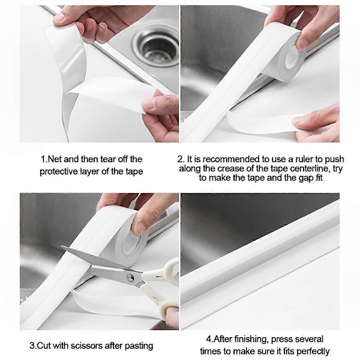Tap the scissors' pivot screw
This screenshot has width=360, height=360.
pyautogui.click(x=131, y=278)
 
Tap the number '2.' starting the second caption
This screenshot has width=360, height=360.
pyautogui.click(x=181, y=159)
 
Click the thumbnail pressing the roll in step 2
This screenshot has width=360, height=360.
pyautogui.click(x=303, y=44)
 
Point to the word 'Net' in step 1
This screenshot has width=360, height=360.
pyautogui.click(x=53, y=159)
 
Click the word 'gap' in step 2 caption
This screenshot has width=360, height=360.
pyautogui.click(x=305, y=178)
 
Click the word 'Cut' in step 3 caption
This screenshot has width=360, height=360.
pyautogui.click(x=44, y=346)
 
